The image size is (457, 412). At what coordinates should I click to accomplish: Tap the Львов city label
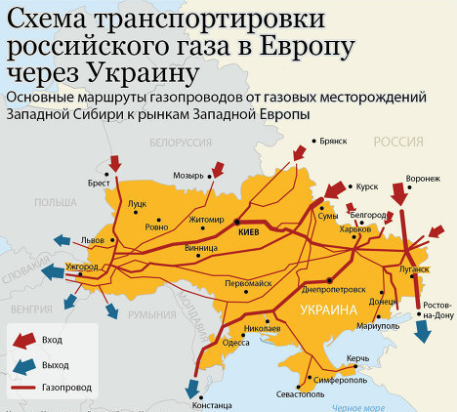click(93, 239)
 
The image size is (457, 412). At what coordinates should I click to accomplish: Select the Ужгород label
click(83, 266)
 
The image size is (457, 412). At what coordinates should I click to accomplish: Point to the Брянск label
click(333, 141)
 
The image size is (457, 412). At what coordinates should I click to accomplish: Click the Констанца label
click(214, 403)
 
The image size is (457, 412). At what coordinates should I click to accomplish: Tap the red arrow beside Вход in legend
click(21, 339)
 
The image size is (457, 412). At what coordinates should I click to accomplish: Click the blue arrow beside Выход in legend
click(21, 364)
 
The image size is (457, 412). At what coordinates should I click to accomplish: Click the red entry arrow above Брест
click(116, 160)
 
